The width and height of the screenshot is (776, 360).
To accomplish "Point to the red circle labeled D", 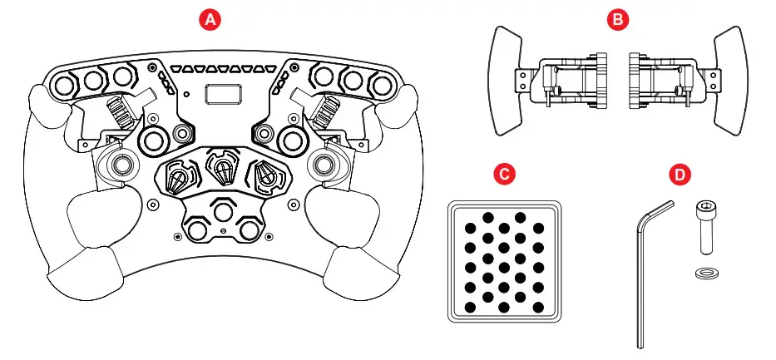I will [x=680, y=175].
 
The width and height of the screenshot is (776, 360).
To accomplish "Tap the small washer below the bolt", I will [x=705, y=273].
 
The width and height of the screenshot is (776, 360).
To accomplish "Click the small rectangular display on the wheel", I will [x=221, y=95].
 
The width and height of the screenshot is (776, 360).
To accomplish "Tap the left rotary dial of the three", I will [x=180, y=176].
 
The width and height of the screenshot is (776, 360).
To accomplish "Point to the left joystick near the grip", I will [x=118, y=164].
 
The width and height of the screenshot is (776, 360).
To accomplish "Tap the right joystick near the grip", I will [x=324, y=164].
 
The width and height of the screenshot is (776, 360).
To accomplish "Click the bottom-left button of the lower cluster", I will [x=196, y=226].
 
